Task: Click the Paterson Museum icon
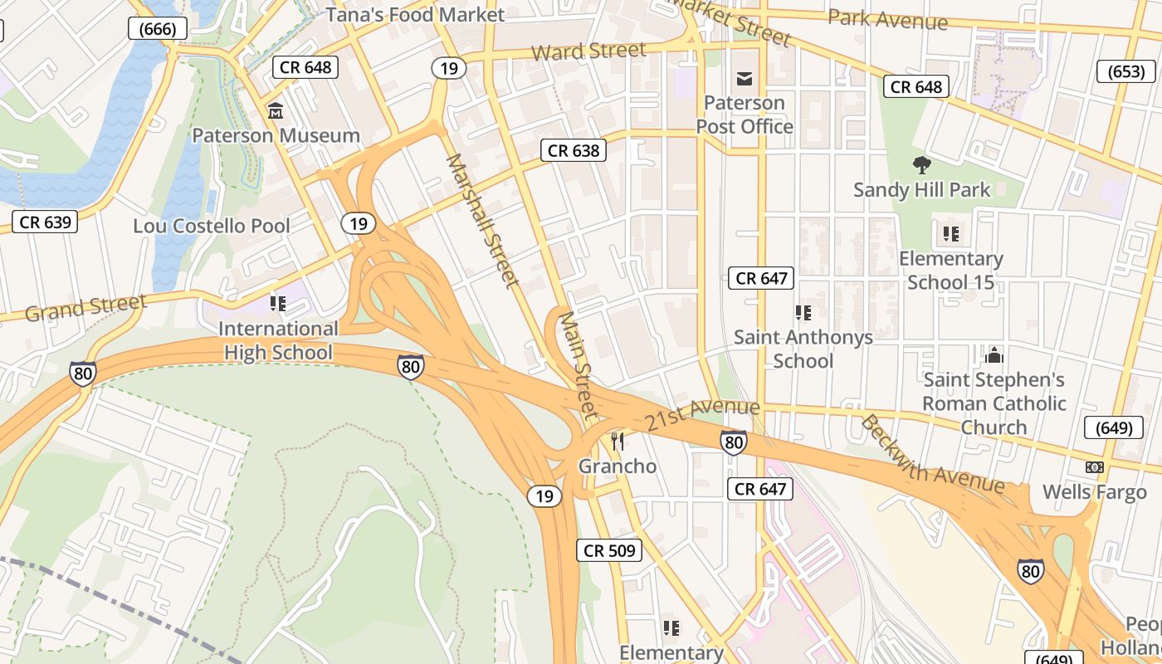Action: (276, 110)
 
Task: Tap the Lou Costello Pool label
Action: (212, 226)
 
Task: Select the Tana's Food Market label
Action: (415, 15)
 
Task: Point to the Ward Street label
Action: (588, 51)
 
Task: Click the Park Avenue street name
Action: (887, 19)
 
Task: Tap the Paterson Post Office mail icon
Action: (745, 79)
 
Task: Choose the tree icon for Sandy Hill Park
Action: (921, 164)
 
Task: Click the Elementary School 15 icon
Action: (951, 234)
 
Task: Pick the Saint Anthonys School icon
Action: (803, 313)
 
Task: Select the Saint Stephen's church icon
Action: (994, 356)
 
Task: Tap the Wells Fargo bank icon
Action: (1095, 467)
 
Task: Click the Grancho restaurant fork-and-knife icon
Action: (617, 441)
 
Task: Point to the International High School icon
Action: (278, 304)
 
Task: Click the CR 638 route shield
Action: (574, 151)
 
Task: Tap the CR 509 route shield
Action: (610, 550)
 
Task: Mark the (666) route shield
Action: (158, 29)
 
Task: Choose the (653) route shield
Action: (1126, 71)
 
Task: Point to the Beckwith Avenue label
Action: (932, 455)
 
